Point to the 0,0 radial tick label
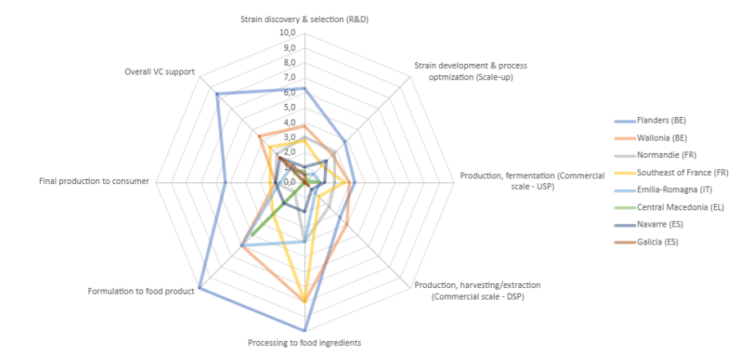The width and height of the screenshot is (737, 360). [x=289, y=182]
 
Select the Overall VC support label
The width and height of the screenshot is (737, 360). [x=160, y=71]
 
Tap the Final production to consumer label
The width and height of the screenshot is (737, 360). [x=94, y=181]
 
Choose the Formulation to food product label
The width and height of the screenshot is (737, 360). [x=141, y=290]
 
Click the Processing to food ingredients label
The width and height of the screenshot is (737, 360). [x=304, y=343]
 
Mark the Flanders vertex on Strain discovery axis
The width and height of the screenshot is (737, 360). [x=304, y=88]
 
